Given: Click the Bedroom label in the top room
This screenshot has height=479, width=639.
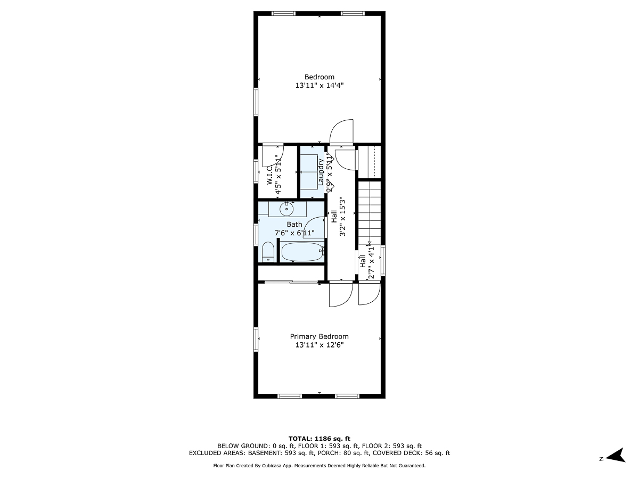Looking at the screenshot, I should pyautogui.click(x=319, y=77).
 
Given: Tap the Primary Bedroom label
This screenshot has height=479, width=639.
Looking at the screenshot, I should pyautogui.click(x=319, y=336).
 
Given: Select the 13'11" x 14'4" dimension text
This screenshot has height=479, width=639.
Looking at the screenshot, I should pyautogui.click(x=319, y=86).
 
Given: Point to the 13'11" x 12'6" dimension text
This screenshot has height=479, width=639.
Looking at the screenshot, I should pyautogui.click(x=319, y=345).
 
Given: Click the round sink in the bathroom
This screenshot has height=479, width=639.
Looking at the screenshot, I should pyautogui.click(x=286, y=209).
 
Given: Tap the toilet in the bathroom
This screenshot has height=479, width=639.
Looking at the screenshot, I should pyautogui.click(x=268, y=252).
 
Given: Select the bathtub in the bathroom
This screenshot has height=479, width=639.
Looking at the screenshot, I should pyautogui.click(x=302, y=252).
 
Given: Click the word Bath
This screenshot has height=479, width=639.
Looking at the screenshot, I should pyautogui.click(x=294, y=224).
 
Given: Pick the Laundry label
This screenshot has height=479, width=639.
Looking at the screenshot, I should pyautogui.click(x=321, y=172).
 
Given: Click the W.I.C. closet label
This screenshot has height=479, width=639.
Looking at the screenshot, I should pyautogui.click(x=270, y=175).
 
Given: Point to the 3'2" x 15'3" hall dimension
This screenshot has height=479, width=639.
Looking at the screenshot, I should pyautogui.click(x=343, y=217).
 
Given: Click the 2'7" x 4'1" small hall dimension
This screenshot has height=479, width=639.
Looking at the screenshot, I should pyautogui.click(x=372, y=262).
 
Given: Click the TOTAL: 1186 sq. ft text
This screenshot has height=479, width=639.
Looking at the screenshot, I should pyautogui.click(x=319, y=438).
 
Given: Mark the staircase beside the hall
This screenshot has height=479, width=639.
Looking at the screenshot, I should pyautogui.click(x=368, y=213).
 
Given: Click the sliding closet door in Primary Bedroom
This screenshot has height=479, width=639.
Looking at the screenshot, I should pyautogui.click(x=291, y=282).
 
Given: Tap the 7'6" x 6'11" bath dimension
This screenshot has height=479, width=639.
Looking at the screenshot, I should pyautogui.click(x=294, y=233).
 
